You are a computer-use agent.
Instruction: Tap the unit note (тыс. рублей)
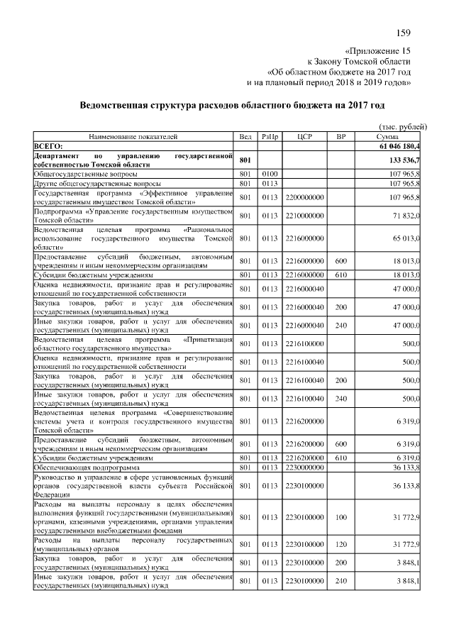[397, 126]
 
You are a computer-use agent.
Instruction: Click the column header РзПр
[269, 135]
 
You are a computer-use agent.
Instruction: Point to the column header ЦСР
[304, 135]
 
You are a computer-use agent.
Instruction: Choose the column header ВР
[340, 135]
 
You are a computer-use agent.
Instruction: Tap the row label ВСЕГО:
[49, 145]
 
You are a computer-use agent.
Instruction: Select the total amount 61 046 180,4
[395, 145]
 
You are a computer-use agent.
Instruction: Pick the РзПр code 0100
[269, 172]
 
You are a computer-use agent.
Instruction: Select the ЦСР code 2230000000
[304, 467]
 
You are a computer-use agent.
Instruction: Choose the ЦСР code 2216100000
[304, 345]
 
